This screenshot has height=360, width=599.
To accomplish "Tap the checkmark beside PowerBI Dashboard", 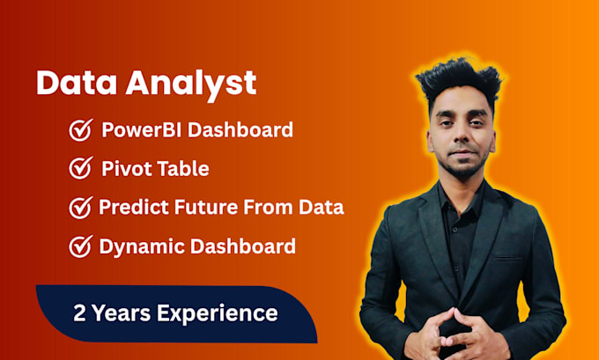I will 81,131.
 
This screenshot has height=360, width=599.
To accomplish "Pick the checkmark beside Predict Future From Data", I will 81,208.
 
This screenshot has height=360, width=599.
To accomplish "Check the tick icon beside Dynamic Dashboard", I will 81,246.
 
